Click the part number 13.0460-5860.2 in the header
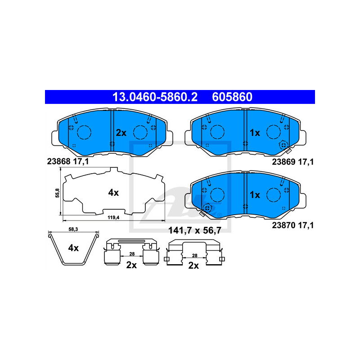coord(155,97)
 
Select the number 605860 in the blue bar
coord(232,97)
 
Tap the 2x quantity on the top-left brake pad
coord(121,133)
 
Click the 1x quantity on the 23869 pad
coord(255,133)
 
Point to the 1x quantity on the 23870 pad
coord(255,195)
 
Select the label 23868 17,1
coord(68,162)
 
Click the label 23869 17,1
coord(293,162)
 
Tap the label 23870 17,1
coord(293,225)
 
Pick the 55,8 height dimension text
coord(57,193)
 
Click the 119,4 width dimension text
coord(113,217)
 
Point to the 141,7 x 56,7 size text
coord(195,230)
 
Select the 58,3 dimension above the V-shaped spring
coord(73,229)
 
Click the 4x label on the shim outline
coord(113,193)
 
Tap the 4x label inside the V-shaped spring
coord(73,248)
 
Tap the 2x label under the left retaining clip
coord(131,265)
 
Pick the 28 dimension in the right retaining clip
coord(195,256)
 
